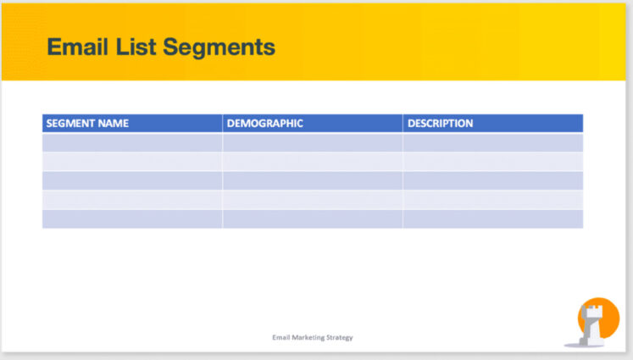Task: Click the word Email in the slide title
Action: pos(76,47)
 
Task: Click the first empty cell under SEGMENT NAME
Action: pos(132,142)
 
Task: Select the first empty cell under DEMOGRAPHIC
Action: pos(312,142)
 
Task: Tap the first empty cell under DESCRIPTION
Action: pos(492,142)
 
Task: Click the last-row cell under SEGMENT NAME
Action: pos(132,219)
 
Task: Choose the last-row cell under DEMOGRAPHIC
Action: pos(312,219)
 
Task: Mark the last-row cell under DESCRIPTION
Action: pos(492,219)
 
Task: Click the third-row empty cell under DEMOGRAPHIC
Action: pos(312,180)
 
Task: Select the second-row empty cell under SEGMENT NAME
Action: pos(132,161)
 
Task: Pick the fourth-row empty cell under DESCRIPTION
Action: pos(492,200)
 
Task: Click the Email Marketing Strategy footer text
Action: pos(313,337)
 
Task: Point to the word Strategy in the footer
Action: pos(340,337)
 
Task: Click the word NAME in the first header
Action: pos(114,124)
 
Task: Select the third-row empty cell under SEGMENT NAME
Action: pos(132,180)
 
